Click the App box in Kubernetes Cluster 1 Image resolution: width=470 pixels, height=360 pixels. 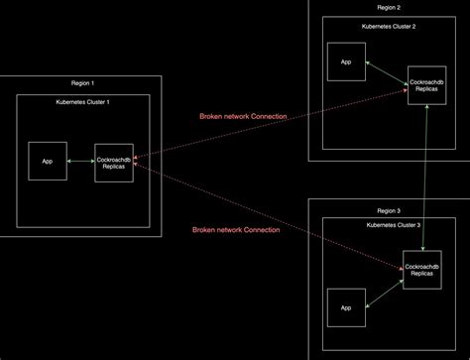click(47, 160)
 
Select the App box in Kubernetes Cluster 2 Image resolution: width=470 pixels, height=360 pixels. click(346, 61)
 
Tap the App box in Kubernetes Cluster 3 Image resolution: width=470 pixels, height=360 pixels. click(346, 308)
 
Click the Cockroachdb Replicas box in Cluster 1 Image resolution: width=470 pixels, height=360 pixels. click(113, 160)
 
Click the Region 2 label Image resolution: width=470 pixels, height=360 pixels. click(391, 6)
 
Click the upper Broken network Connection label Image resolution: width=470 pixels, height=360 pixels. click(243, 116)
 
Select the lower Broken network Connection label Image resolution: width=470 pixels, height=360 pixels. click(235, 229)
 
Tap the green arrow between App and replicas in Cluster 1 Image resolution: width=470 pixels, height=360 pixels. click(80, 160)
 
